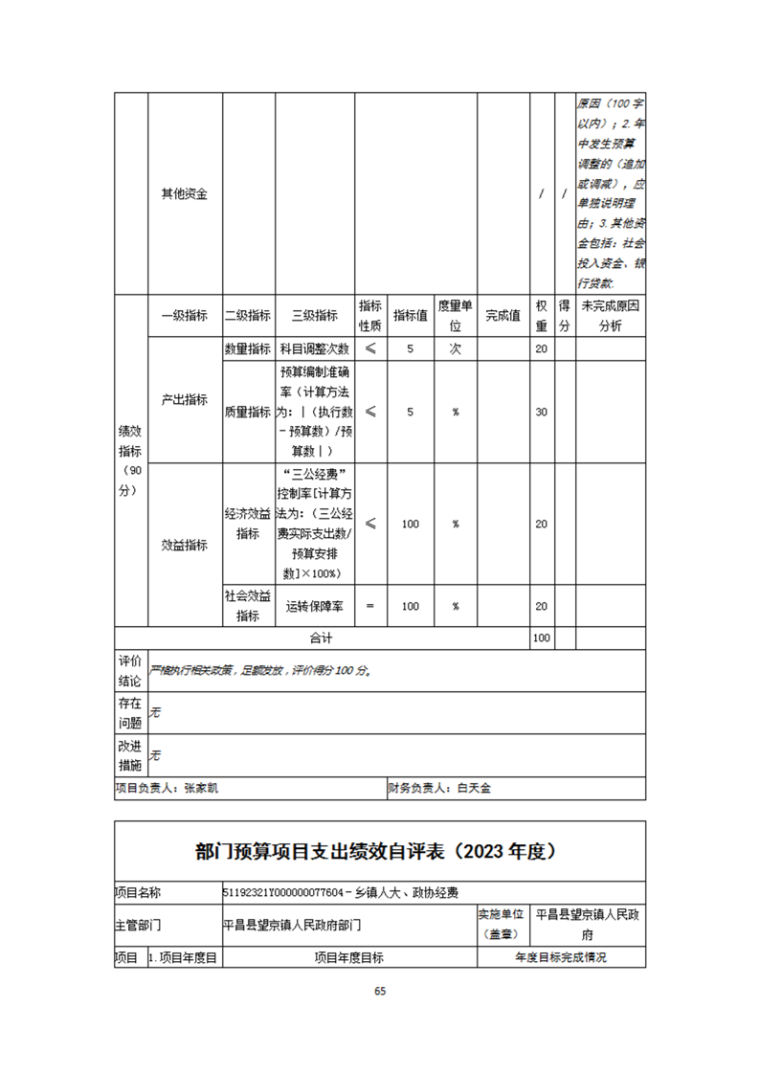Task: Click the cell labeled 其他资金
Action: click(x=185, y=194)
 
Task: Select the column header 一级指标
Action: click(x=185, y=317)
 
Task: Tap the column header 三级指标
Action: click(x=314, y=317)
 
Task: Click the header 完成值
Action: click(x=502, y=317)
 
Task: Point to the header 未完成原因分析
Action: click(x=610, y=317)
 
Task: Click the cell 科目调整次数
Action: click(x=314, y=349)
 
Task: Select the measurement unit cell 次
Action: click(x=456, y=349)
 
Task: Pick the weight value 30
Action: click(x=541, y=412)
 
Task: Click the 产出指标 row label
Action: click(x=185, y=400)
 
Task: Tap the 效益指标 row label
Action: click(x=185, y=545)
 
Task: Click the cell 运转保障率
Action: click(x=314, y=607)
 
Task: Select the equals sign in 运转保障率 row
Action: click(x=370, y=607)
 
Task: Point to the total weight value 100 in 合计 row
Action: click(x=541, y=638)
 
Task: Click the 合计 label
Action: click(x=321, y=638)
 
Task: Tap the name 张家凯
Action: click(x=208, y=790)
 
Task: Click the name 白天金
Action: click(x=474, y=790)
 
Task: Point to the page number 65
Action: click(x=380, y=992)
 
